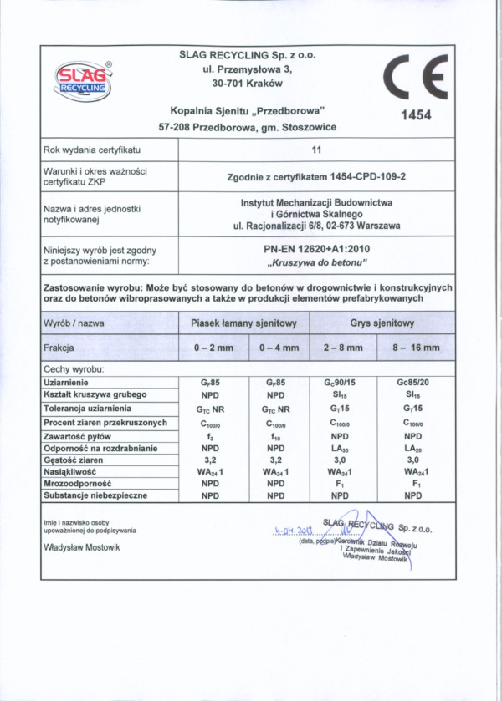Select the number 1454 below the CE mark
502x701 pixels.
(415, 116)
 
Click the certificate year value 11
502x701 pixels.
(316, 150)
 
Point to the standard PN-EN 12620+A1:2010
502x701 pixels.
(316, 249)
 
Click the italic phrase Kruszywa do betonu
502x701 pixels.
(316, 263)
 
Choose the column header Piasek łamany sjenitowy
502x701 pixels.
(243, 323)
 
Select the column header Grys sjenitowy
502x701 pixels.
(382, 323)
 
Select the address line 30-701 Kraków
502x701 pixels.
(248, 84)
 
